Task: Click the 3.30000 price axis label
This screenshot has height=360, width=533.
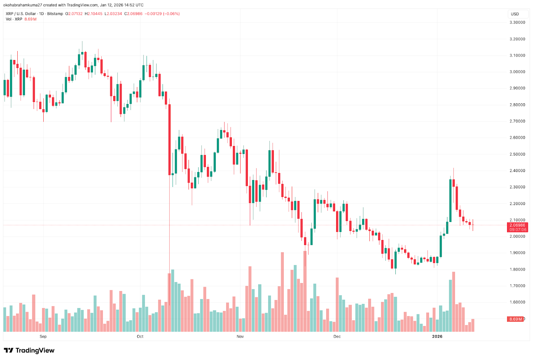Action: coord(517,23)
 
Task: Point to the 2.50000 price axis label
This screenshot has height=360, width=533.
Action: coord(517,154)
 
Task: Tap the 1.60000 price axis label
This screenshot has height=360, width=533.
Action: coord(517,302)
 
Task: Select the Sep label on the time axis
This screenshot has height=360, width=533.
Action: coord(43,337)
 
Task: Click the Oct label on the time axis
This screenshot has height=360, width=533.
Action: coord(140,337)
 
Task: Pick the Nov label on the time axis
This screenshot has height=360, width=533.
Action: coord(240,337)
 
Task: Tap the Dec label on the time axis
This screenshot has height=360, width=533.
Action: coord(337,337)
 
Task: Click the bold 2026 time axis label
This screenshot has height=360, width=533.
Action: coord(437,337)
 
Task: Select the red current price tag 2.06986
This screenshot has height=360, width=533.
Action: coord(517,225)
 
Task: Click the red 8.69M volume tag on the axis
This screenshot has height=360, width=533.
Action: coord(515,319)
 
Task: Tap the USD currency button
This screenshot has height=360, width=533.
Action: coord(515,14)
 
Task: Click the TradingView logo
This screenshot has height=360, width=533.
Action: coord(29,350)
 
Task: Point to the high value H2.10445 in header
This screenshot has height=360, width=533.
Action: coord(94,14)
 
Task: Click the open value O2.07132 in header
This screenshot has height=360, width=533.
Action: coord(74,14)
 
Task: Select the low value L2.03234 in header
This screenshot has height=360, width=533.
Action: coord(113,14)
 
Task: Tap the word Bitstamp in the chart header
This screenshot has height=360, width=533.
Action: coord(55,14)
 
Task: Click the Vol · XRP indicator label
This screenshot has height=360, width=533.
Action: coord(14,19)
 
